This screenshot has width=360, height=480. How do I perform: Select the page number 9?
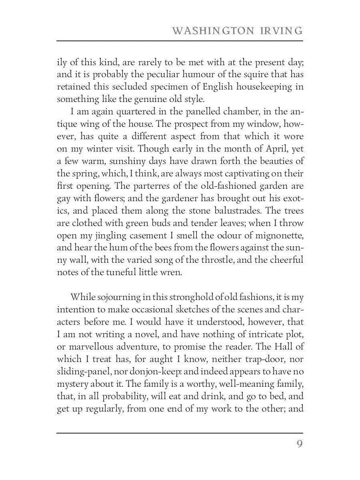click(x=299, y=444)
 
